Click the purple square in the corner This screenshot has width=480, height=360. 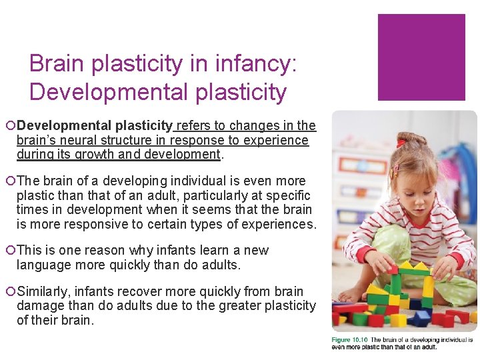click(421, 57)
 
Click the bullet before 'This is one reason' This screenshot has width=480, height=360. click(11, 251)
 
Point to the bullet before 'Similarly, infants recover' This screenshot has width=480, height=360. click(11, 292)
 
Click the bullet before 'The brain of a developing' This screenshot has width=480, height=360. click(11, 181)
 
